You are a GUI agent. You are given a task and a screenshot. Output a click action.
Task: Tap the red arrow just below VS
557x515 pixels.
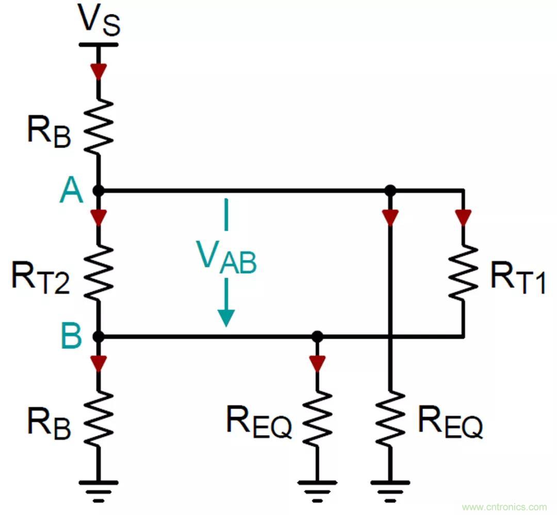[99, 70]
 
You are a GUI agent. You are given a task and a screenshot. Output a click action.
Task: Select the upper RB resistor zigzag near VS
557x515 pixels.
[99, 125]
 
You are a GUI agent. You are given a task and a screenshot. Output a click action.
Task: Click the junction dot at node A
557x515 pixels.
[99, 191]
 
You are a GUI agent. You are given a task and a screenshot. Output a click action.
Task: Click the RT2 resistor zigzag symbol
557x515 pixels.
[99, 272]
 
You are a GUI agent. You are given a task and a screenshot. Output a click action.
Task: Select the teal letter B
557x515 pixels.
[72, 336]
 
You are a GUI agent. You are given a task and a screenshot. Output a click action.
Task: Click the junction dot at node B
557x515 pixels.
[99, 337]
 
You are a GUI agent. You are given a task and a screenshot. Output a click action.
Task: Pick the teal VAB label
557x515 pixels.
[225, 256]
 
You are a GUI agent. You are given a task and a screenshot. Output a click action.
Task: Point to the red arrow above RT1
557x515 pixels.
[463, 217]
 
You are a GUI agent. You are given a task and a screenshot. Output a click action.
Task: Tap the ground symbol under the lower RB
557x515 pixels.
[99, 488]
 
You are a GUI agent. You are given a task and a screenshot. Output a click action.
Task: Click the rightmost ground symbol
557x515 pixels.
[390, 488]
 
